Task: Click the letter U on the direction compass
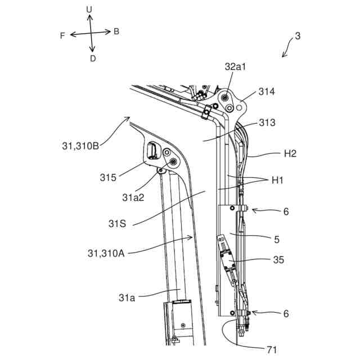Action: pos(89,10)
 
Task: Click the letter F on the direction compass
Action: pos(62,35)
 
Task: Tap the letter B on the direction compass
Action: pos(116,31)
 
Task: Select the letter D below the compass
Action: pos(93,58)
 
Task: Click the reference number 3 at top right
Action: pos(298,36)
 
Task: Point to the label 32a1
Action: pos(236,66)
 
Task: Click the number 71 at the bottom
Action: pos(271,350)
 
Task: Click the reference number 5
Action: pos(276,239)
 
